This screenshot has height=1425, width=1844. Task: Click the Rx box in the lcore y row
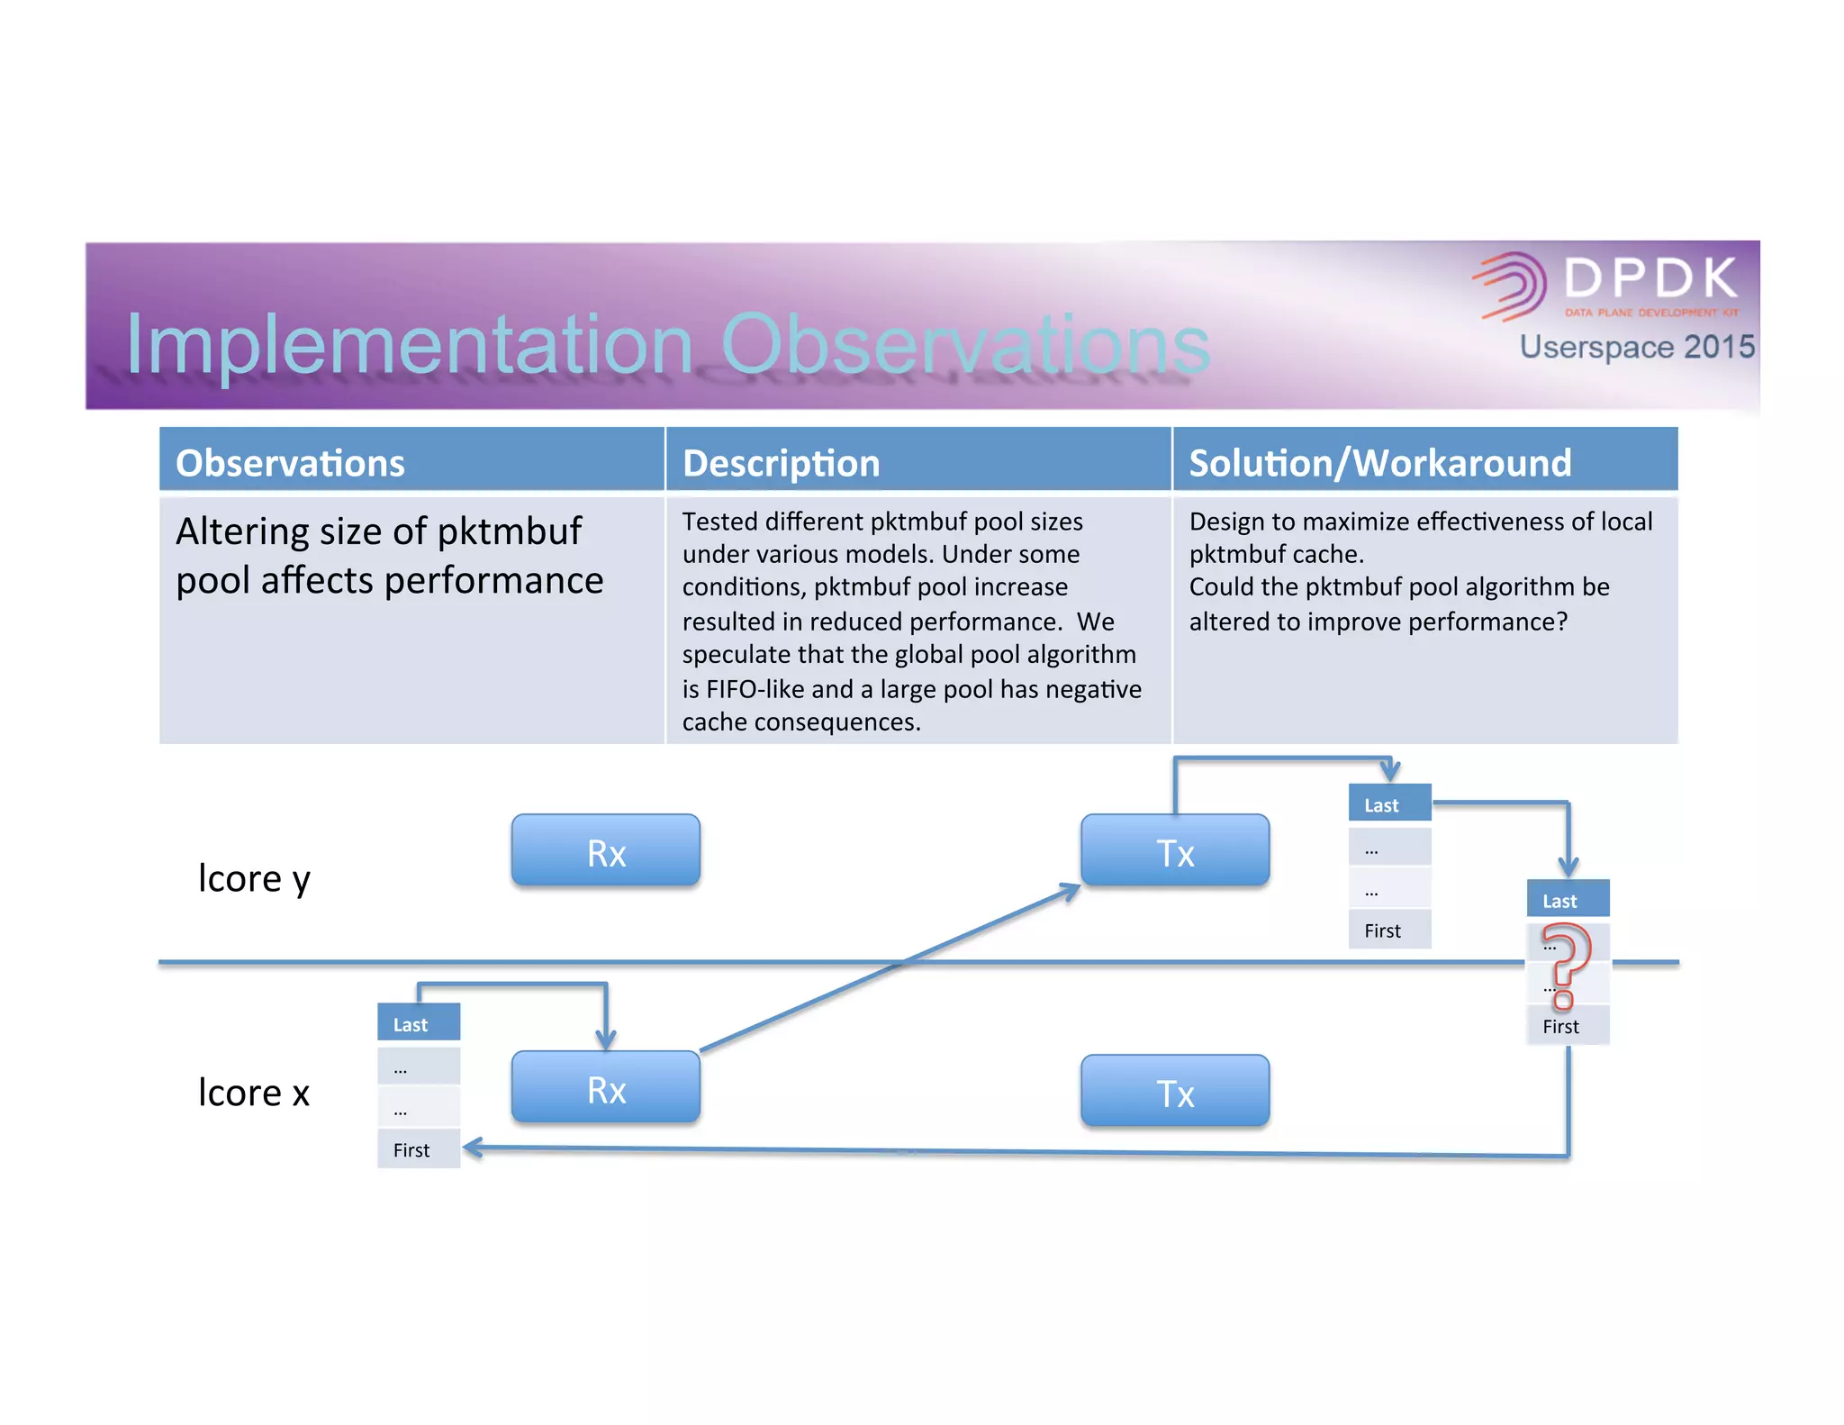pyautogui.click(x=605, y=850)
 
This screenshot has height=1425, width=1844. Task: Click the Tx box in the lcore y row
pyautogui.click(x=1175, y=850)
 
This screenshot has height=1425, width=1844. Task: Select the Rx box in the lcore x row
pyautogui.click(x=605, y=1087)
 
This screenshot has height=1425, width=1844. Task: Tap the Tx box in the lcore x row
pyautogui.click(x=1175, y=1091)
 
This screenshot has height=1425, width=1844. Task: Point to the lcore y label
pyautogui.click(x=254, y=878)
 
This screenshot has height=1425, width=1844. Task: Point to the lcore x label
pyautogui.click(x=254, y=1093)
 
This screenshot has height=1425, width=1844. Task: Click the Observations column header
pyautogui.click(x=290, y=463)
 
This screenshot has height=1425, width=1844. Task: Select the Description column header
pyautogui.click(x=781, y=463)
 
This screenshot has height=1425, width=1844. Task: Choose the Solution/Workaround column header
pyautogui.click(x=1379, y=463)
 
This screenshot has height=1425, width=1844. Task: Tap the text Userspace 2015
pyautogui.click(x=1636, y=347)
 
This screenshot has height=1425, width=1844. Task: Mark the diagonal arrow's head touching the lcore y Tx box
pyautogui.click(x=1071, y=890)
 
